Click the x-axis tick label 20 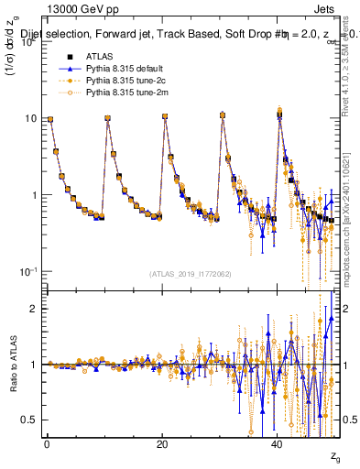click(x=161, y=444)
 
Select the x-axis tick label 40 click(x=277, y=444)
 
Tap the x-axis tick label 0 click(x=47, y=444)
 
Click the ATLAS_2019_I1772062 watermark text click(x=189, y=273)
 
